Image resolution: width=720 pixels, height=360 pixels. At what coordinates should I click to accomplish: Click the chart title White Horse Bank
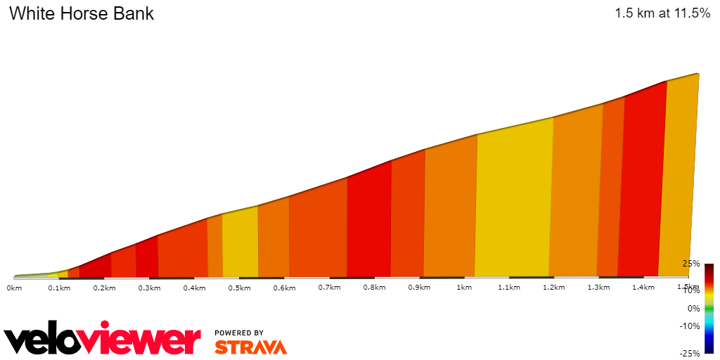(x=82, y=13)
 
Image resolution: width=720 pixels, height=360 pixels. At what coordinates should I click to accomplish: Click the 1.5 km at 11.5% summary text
(x=662, y=13)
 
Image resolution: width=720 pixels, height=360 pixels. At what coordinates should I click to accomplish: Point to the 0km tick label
(x=15, y=288)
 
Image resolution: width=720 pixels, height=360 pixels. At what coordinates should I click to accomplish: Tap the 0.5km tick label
(x=240, y=288)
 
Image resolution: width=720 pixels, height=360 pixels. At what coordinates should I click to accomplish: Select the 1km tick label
(x=463, y=288)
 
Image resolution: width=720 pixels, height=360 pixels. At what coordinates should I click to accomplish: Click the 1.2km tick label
(x=553, y=288)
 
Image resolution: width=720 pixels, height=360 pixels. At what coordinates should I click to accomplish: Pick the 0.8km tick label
(x=374, y=288)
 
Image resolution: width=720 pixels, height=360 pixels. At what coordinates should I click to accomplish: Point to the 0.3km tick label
(x=149, y=288)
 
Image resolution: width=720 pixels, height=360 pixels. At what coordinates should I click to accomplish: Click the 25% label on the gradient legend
(x=690, y=264)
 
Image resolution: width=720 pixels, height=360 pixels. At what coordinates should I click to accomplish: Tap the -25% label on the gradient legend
(x=689, y=353)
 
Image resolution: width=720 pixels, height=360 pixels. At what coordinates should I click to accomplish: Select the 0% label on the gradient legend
(x=693, y=308)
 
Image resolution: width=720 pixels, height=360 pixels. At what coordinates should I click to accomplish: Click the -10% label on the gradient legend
(x=689, y=326)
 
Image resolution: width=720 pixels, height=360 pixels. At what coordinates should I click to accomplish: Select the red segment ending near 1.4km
(x=641, y=183)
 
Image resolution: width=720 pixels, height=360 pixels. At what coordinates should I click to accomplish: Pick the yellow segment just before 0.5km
(x=240, y=243)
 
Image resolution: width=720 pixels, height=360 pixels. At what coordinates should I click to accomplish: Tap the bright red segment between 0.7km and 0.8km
(x=369, y=221)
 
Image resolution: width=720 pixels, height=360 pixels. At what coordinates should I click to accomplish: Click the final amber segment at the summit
(x=679, y=176)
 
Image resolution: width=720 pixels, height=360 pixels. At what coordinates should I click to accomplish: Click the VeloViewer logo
(x=103, y=340)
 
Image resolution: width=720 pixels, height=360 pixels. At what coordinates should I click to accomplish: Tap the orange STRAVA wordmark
(x=251, y=347)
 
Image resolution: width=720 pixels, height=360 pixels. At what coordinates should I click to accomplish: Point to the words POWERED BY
(x=239, y=333)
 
